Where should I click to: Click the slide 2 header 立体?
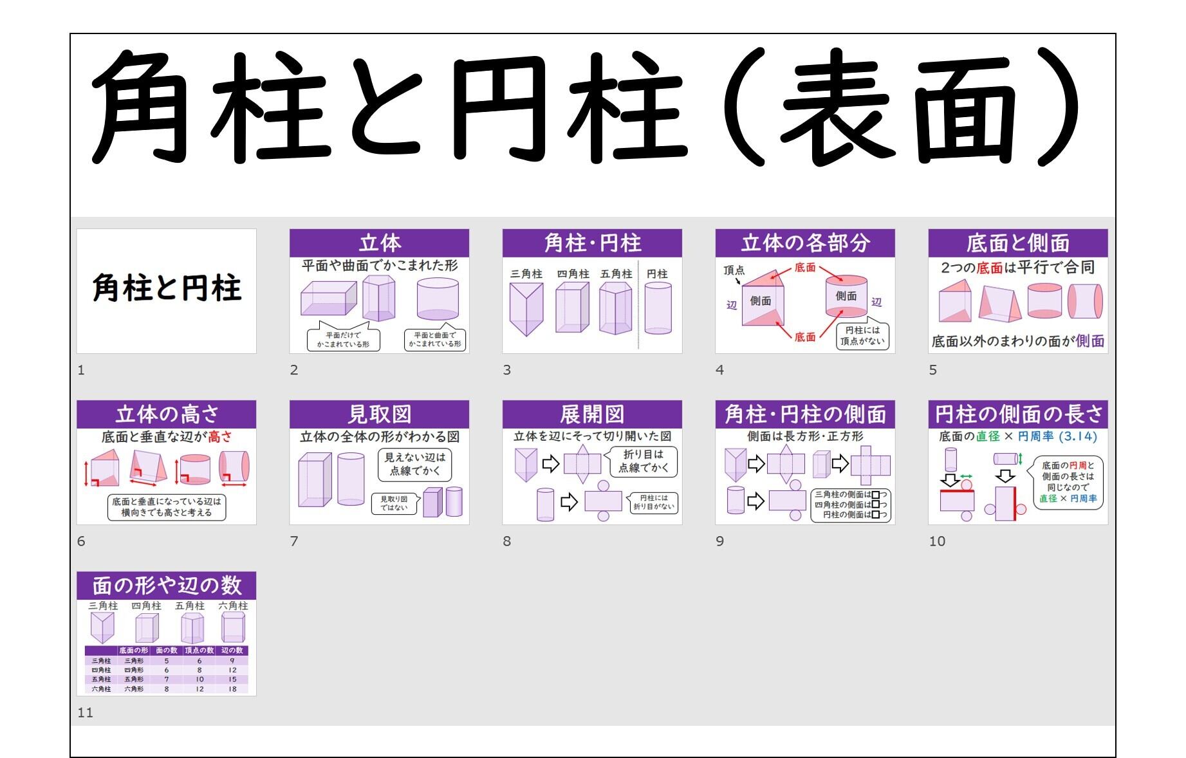click(x=379, y=243)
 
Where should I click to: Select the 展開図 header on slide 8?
click(x=591, y=414)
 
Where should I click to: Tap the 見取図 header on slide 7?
click(x=379, y=414)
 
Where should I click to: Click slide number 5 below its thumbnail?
click(x=932, y=370)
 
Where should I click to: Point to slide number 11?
click(x=85, y=712)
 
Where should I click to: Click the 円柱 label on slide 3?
click(x=657, y=274)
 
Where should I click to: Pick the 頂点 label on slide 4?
click(x=734, y=270)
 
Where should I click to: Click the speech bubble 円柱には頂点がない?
click(x=862, y=336)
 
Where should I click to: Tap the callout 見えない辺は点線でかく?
click(x=414, y=464)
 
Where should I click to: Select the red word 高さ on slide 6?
click(x=220, y=437)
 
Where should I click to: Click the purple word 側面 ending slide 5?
click(x=1089, y=341)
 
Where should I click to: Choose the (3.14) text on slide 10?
click(x=1078, y=436)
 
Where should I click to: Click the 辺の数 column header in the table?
click(x=232, y=651)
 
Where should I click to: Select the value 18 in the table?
click(x=232, y=689)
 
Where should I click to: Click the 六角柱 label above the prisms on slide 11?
click(x=233, y=605)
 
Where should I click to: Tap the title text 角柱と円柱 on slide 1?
click(x=167, y=288)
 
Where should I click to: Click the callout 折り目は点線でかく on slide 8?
click(x=643, y=461)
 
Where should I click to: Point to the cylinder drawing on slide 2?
click(x=438, y=299)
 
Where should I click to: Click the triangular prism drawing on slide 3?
click(x=526, y=308)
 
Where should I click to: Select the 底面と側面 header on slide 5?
click(x=1017, y=243)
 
